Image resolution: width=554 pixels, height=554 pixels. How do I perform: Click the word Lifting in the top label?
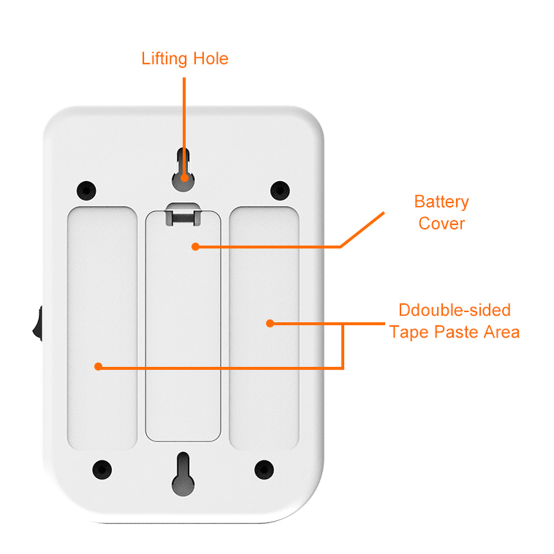(x=164, y=59)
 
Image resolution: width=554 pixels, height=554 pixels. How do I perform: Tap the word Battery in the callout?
(x=441, y=202)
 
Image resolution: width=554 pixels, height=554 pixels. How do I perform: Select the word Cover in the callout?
(x=442, y=224)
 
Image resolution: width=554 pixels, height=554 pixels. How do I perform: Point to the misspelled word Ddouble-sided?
(x=454, y=310)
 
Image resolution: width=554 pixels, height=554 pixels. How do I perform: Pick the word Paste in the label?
(x=456, y=332)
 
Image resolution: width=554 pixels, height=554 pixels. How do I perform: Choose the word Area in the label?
(x=501, y=332)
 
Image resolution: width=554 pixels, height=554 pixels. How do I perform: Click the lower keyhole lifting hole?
(x=183, y=474)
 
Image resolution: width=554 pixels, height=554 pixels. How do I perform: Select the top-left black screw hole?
(x=86, y=190)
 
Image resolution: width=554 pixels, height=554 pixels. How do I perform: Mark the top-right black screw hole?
(x=280, y=190)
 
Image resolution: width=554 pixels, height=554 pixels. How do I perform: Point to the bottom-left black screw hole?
(x=102, y=469)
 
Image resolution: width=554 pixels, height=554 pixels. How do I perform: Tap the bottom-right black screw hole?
(x=264, y=469)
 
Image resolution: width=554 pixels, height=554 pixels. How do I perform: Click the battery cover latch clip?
(x=183, y=214)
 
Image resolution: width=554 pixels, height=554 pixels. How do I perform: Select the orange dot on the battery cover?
(x=195, y=247)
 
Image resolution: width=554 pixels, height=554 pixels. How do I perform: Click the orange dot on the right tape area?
(x=270, y=323)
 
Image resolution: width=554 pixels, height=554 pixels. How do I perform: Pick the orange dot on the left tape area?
(x=98, y=367)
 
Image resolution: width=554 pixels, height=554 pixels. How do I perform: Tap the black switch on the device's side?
(x=38, y=323)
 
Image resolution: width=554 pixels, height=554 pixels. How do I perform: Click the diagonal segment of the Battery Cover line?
(x=362, y=229)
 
